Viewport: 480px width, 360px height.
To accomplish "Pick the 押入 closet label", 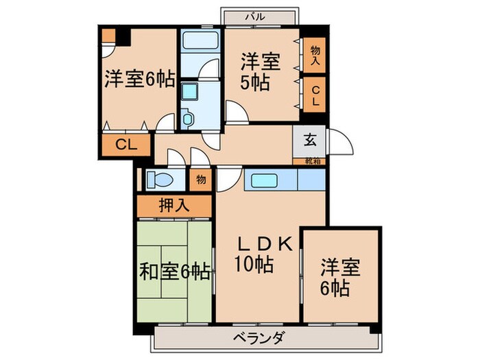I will (173, 204).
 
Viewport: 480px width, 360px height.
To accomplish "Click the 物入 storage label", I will (315, 56).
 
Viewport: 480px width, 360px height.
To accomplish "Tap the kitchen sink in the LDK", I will (263, 180).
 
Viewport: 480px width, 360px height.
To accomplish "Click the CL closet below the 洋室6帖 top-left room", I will (123, 145).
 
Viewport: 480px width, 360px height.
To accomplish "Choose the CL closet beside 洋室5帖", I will (315, 94).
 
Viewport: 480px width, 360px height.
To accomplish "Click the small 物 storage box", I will (201, 180).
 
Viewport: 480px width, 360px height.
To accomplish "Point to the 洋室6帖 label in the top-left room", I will (139, 80).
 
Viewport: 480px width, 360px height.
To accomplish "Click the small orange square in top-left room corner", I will (108, 36).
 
